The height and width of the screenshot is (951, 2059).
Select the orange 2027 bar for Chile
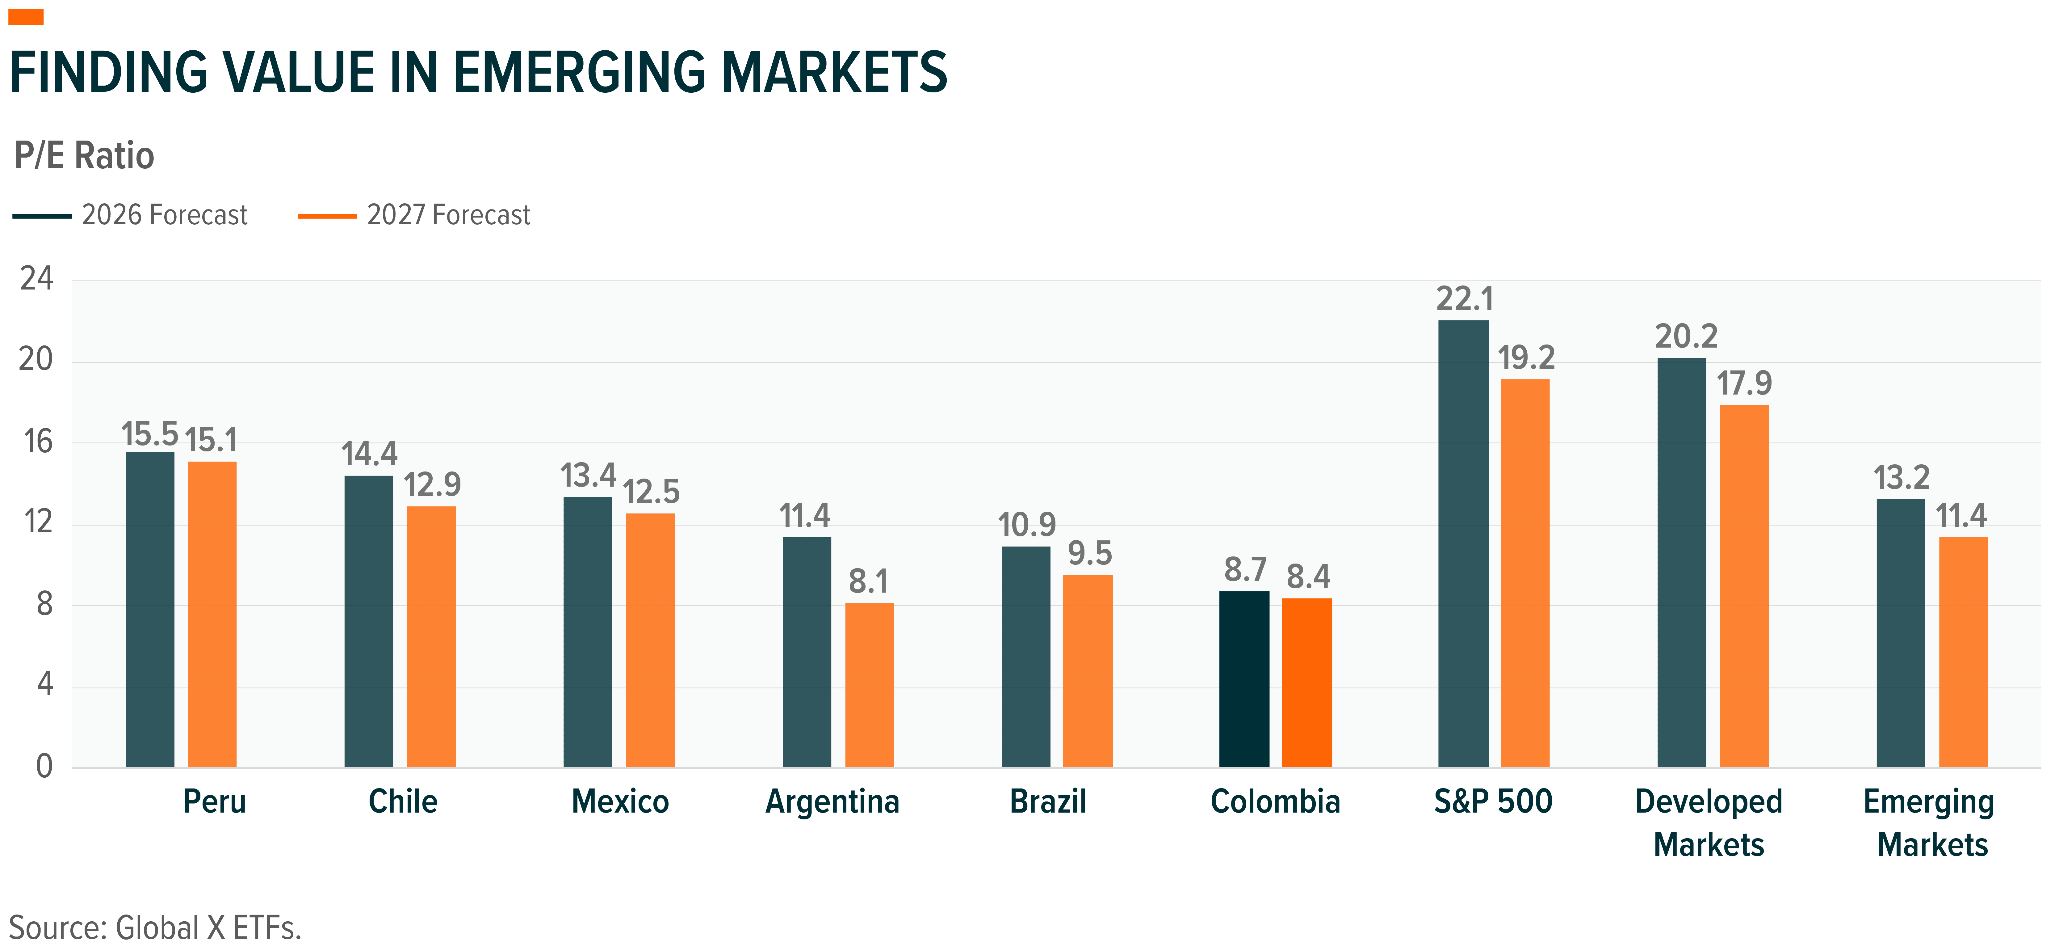[431, 637]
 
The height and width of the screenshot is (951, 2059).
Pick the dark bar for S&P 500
[1463, 544]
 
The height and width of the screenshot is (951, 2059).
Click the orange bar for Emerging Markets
[1963, 652]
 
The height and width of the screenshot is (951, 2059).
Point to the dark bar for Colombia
[1244, 679]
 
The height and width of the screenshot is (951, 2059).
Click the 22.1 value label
[1464, 299]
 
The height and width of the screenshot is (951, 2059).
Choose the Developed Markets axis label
[1708, 822]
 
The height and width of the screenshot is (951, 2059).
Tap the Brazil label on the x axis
[1048, 801]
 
